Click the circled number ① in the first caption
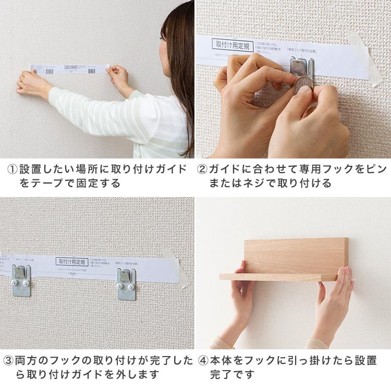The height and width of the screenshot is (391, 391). (13, 170)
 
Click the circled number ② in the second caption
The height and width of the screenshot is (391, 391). (202, 170)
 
